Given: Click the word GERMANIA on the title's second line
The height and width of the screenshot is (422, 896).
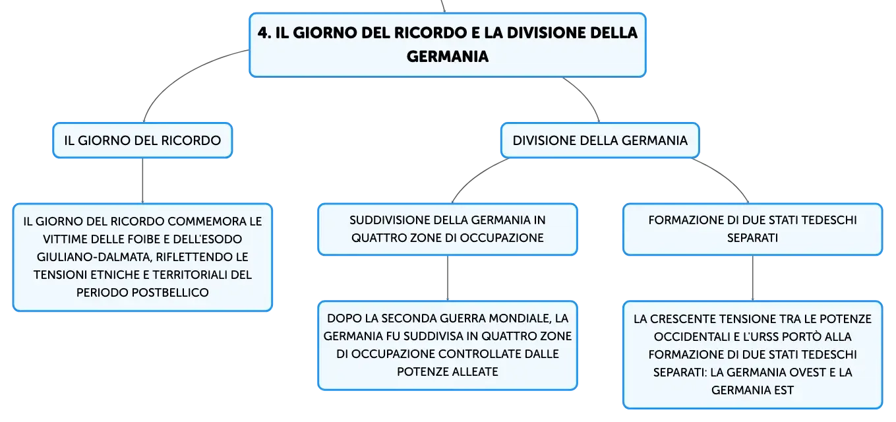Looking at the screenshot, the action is [448, 57].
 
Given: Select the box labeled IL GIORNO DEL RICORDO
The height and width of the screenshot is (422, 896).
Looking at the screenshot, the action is [142, 140].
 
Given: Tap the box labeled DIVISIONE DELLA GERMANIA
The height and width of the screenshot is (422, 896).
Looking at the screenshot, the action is [600, 140].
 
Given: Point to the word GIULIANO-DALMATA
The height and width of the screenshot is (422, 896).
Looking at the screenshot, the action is [94, 256].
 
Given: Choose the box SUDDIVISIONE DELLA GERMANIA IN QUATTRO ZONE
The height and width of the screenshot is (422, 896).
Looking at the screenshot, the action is [448, 229].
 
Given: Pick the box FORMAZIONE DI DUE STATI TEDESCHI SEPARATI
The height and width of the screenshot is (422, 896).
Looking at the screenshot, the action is [752, 229].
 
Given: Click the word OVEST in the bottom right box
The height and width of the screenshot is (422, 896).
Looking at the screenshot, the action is [806, 373].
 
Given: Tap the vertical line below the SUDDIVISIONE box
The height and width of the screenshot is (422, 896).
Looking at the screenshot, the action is [448, 278].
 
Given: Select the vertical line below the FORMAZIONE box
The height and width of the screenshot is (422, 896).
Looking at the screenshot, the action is [752, 278].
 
